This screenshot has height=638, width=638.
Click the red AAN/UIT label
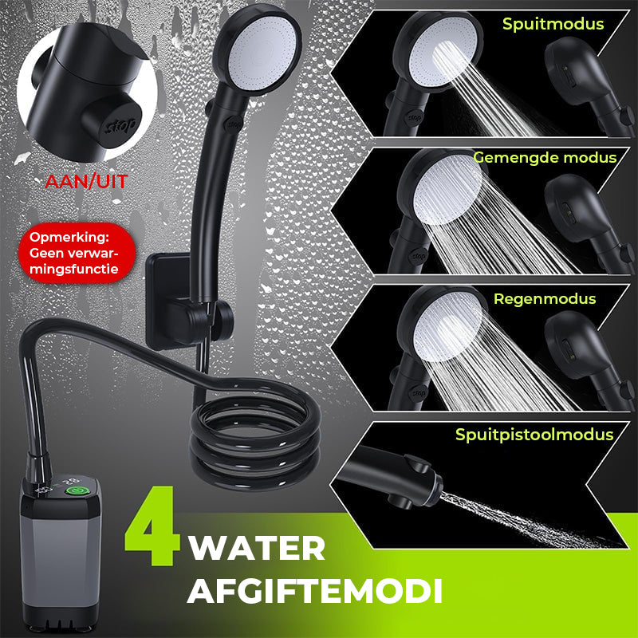coord(86,182)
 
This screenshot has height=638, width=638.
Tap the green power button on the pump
coord(75,490)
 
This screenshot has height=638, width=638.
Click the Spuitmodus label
coord(553,24)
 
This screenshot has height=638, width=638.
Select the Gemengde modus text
coord(545,157)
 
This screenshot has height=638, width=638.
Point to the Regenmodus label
coord(545,299)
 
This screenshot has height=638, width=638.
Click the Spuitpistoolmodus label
coord(534,435)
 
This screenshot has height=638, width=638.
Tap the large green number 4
coord(152,526)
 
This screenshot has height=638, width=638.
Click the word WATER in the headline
coord(257,549)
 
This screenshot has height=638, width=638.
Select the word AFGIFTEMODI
coord(314,590)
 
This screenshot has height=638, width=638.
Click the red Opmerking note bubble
coord(77,253)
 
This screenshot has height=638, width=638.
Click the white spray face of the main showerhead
coord(262,49)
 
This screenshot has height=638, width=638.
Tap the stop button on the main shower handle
coord(234,124)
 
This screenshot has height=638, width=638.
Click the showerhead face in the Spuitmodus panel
coord(443,52)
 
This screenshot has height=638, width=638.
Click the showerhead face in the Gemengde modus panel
coord(447,190)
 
